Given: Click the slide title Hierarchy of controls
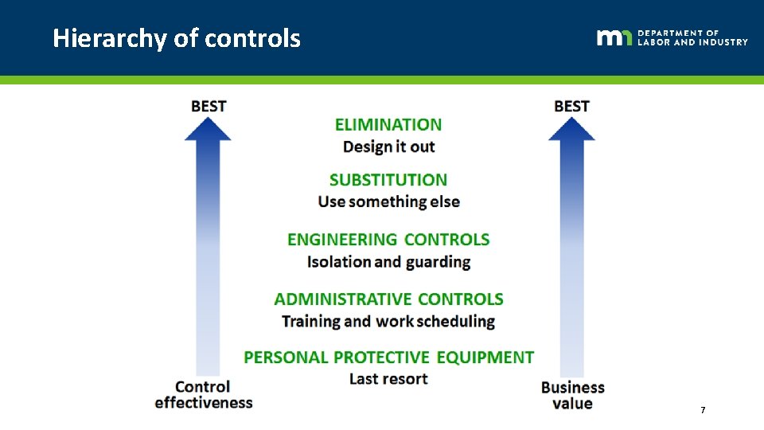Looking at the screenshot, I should (177, 38).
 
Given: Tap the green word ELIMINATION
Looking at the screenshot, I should (388, 125).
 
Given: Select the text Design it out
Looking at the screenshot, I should (388, 147).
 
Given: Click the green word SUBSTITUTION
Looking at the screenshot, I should (388, 180).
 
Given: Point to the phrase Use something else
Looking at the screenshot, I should (388, 201).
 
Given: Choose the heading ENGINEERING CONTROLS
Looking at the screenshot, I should (388, 240).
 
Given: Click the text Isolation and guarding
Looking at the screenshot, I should (388, 261).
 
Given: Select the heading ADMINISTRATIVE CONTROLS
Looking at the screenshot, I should (388, 299).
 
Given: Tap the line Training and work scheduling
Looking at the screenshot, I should (388, 321).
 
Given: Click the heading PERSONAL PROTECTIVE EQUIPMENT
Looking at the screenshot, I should (388, 358).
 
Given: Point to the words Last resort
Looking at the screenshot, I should (388, 379).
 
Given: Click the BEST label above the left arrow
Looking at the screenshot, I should (209, 106).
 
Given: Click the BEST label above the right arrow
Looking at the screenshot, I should (571, 106).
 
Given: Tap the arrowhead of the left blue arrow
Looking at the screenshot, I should (209, 129).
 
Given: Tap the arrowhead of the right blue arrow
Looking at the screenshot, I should (571, 129).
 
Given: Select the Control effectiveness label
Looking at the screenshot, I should (203, 395).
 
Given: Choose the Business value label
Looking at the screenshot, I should (573, 395).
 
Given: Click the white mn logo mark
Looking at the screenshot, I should (614, 37).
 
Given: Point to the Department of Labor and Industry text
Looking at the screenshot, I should (692, 37).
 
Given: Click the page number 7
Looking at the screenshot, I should (703, 410).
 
